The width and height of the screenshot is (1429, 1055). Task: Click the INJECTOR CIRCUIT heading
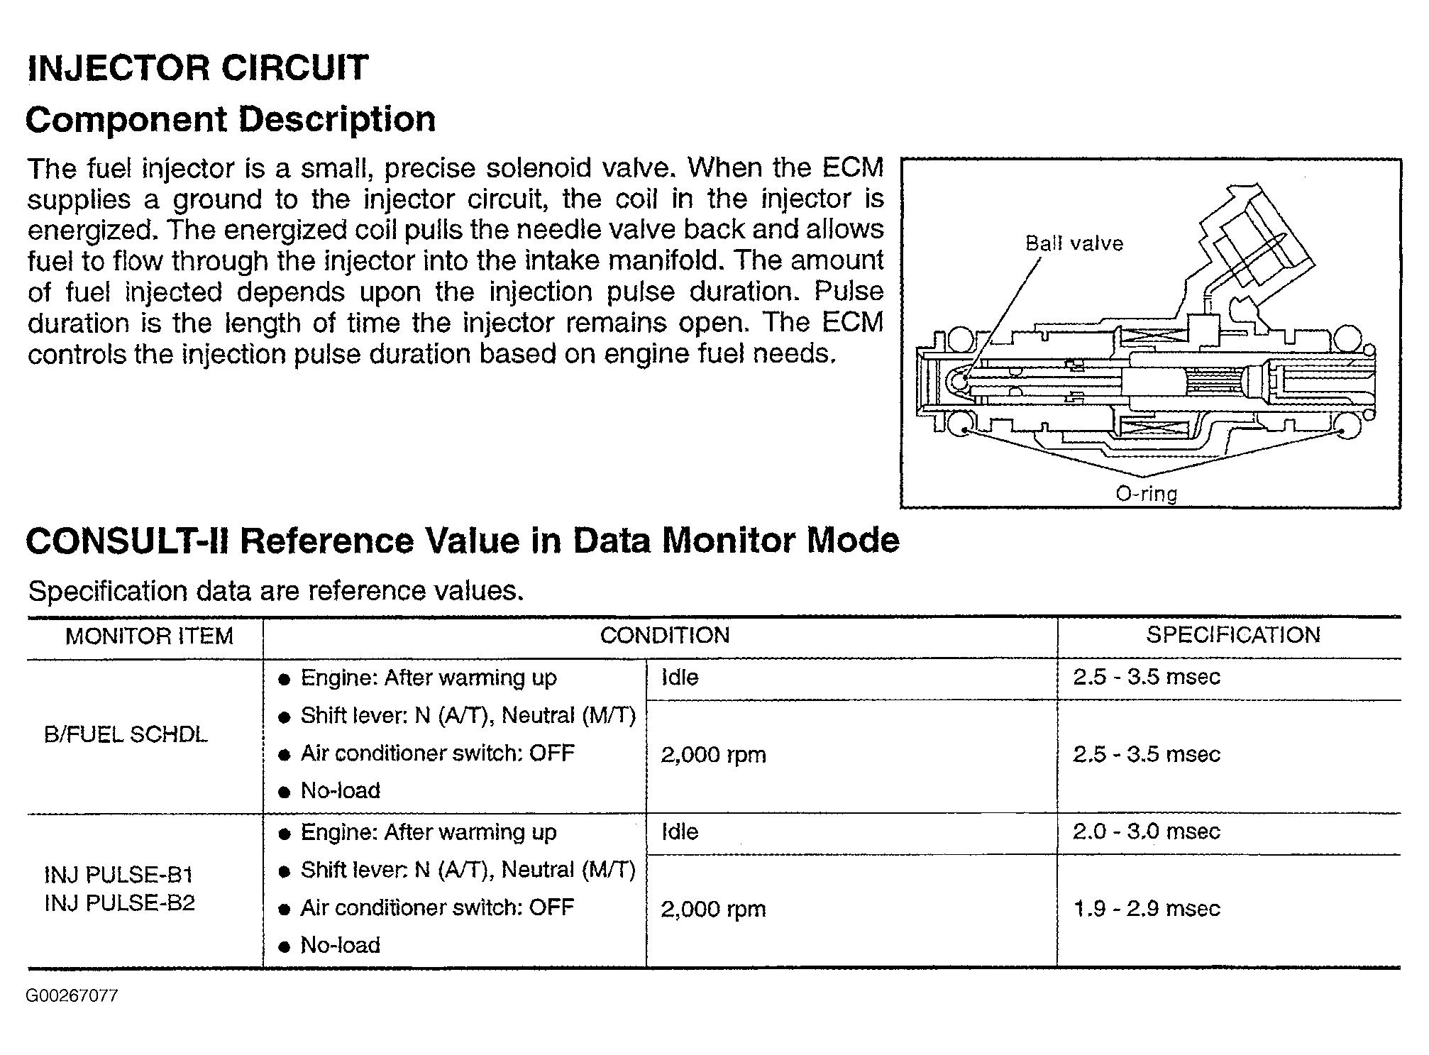[197, 68]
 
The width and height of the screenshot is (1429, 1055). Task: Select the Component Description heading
[231, 119]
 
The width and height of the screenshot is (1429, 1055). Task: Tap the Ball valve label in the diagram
[1074, 244]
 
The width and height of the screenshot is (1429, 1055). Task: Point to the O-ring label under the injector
[1146, 493]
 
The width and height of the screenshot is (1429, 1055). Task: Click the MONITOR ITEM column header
[149, 636]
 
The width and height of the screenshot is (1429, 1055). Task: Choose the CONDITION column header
[665, 635]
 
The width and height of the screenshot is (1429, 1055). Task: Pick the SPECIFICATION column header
[1233, 635]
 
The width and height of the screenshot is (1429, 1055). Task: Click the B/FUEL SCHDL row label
[126, 735]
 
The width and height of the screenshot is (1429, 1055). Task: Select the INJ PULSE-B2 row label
[119, 903]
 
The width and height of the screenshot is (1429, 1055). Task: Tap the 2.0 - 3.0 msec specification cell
[1146, 832]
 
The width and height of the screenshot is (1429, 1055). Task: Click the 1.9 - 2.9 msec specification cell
[1146, 909]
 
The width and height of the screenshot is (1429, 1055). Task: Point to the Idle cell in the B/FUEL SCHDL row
[680, 678]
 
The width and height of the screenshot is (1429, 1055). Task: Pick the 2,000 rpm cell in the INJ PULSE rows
[713, 909]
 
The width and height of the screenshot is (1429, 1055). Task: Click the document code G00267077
[72, 996]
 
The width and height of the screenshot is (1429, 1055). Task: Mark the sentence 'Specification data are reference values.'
[275, 590]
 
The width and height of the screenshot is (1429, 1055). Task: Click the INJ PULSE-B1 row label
[118, 875]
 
